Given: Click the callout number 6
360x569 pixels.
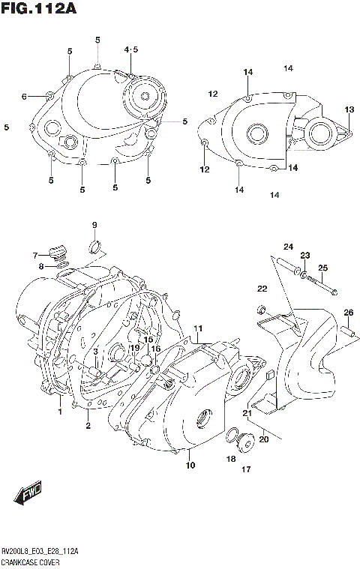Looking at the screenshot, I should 24,97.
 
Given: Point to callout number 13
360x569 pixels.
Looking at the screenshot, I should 349,110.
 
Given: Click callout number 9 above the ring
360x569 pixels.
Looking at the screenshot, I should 95,226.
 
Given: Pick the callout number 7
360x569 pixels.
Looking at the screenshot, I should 34,256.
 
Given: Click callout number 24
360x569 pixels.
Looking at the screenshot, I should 288,247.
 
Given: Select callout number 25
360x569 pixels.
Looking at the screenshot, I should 322,268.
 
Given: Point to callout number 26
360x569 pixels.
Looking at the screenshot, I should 348,313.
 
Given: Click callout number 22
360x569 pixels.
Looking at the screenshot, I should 262,289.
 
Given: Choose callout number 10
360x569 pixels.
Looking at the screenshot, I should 190,466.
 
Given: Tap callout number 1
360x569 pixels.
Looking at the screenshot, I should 60,412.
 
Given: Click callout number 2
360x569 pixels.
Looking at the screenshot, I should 88,426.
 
